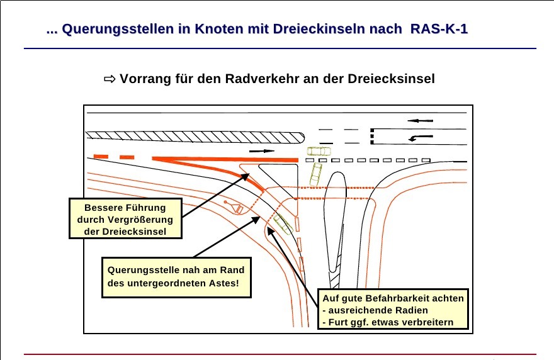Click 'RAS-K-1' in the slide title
[439, 29]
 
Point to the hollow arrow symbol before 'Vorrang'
[110, 79]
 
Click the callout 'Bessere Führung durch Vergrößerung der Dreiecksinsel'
[125, 219]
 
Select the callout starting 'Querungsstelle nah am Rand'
[176, 277]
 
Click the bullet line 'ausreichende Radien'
[378, 310]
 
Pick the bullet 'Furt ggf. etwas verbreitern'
[393, 323]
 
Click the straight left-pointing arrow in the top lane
[420, 120]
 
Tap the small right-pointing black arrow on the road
[263, 152]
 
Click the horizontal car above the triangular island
[319, 151]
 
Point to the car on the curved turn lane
[282, 223]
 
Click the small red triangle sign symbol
[237, 209]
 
